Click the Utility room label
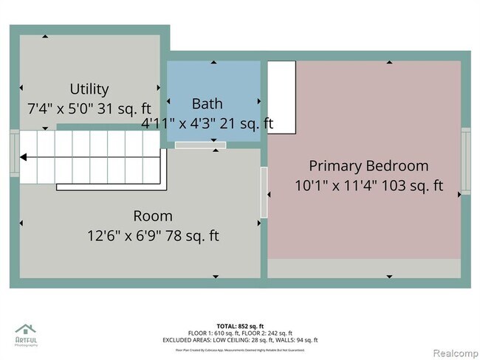pyautogui.click(x=89, y=89)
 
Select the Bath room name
pyautogui.click(x=207, y=103)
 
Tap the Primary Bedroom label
pyautogui.click(x=368, y=166)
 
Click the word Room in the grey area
pyautogui.click(x=153, y=216)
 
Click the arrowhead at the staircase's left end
pyautogui.click(x=24, y=157)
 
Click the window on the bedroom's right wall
pyautogui.click(x=465, y=160)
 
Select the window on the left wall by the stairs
pyautogui.click(x=14, y=153)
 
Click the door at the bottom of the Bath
pyautogui.click(x=200, y=145)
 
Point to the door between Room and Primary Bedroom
pyautogui.click(x=264, y=192)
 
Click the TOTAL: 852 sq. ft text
pyautogui.click(x=240, y=325)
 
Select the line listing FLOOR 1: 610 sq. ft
pyautogui.click(x=240, y=333)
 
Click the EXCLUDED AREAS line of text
pyautogui.click(x=240, y=340)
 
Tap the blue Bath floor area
pyautogui.click(x=214, y=81)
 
